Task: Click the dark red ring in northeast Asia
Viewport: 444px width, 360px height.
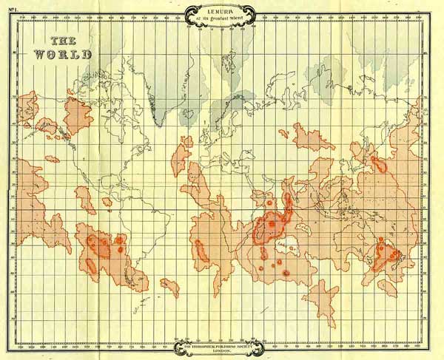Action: pos(379,164)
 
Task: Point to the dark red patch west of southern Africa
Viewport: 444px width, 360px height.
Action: pos(201,251)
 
